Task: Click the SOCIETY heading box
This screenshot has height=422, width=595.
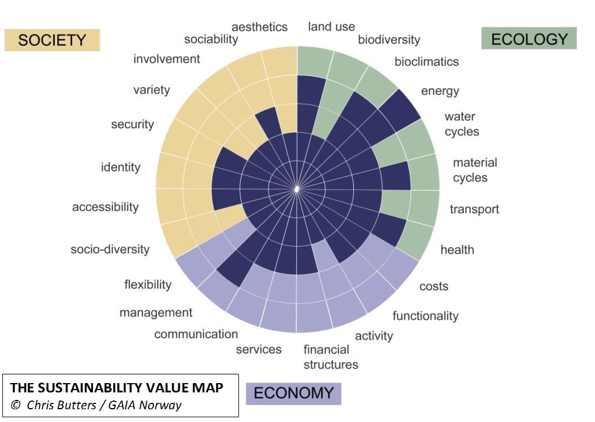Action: [x=52, y=40]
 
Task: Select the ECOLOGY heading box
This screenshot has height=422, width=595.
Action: [x=529, y=39]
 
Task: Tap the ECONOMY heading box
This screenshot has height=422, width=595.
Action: [x=293, y=393]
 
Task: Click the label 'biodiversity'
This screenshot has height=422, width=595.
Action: [x=389, y=39]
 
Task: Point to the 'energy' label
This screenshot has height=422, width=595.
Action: [x=440, y=91]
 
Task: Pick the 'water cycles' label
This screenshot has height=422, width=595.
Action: [x=462, y=124]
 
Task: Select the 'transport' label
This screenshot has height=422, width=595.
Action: [x=474, y=209]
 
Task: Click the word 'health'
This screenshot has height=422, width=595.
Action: [x=457, y=250]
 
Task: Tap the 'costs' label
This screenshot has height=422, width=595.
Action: [x=433, y=286]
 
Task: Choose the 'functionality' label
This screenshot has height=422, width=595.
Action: [x=425, y=316]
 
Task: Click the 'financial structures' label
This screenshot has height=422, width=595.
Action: [x=330, y=357]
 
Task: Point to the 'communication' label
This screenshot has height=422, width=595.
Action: [x=196, y=334]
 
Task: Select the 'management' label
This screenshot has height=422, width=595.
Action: [x=156, y=313]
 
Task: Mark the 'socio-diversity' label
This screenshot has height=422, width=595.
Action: [x=110, y=250]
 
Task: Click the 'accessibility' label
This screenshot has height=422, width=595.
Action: [x=105, y=207]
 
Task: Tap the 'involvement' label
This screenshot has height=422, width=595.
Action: [x=166, y=59]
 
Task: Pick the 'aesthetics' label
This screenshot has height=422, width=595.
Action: [x=259, y=27]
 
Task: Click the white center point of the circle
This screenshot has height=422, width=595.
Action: [x=297, y=189]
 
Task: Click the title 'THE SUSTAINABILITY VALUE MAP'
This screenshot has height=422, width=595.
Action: [x=116, y=387]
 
